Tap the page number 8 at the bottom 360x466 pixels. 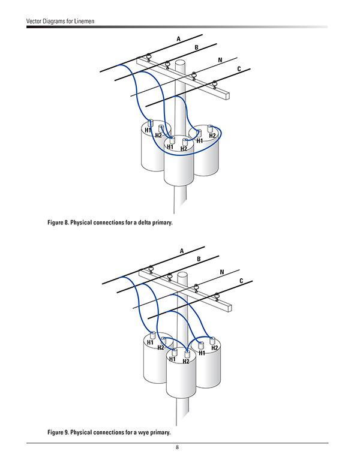coord(178,447)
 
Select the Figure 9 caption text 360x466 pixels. coord(109,432)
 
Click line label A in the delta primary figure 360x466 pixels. coord(178,39)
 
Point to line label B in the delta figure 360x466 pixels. coord(196,47)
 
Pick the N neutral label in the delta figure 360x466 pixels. coord(220,61)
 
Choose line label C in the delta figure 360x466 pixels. coord(239,70)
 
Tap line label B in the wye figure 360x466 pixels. coord(199,259)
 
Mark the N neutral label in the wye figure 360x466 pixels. coord(222,272)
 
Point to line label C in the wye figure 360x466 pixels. coord(241,281)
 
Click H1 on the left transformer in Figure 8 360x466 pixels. coord(148,130)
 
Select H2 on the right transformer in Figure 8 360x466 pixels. coord(212,136)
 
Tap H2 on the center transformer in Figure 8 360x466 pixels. coord(184,149)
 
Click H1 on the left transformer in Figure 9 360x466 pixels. coord(150,342)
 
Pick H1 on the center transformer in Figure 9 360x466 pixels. coord(172,359)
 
